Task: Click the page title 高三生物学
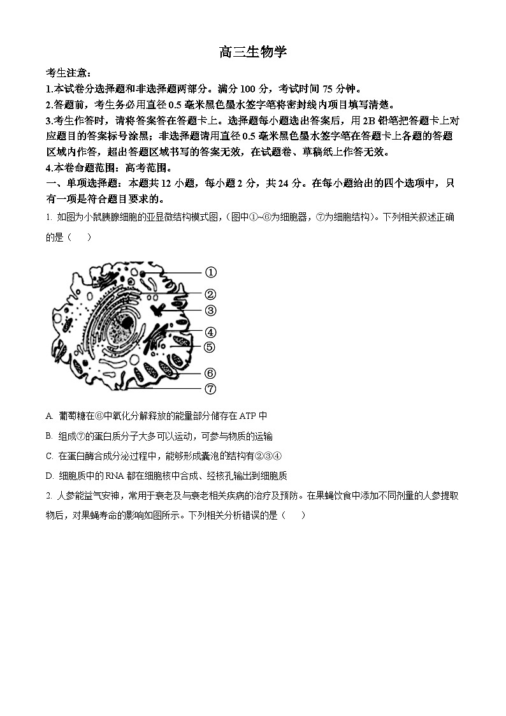point(253,52)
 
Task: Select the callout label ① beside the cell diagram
point(210,273)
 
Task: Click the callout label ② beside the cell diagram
point(210,295)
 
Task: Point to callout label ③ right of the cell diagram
point(210,311)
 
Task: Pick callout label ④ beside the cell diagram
point(210,332)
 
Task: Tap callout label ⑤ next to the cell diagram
point(210,347)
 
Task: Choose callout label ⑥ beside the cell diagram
point(210,374)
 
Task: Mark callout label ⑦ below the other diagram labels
point(210,388)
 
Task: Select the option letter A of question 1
point(49,416)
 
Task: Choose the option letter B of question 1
point(49,436)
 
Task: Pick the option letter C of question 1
point(49,456)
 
